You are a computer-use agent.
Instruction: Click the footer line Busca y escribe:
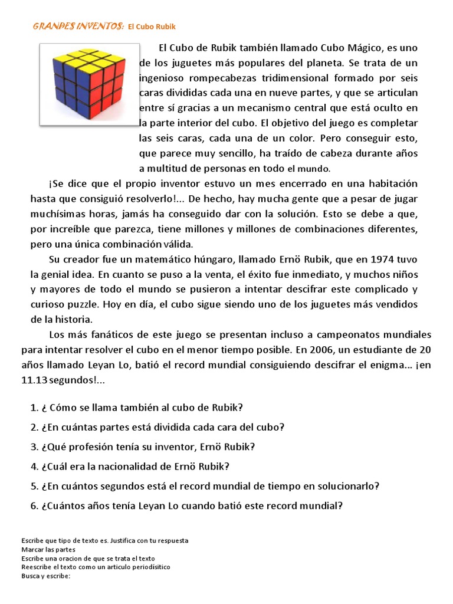click(x=45, y=576)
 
